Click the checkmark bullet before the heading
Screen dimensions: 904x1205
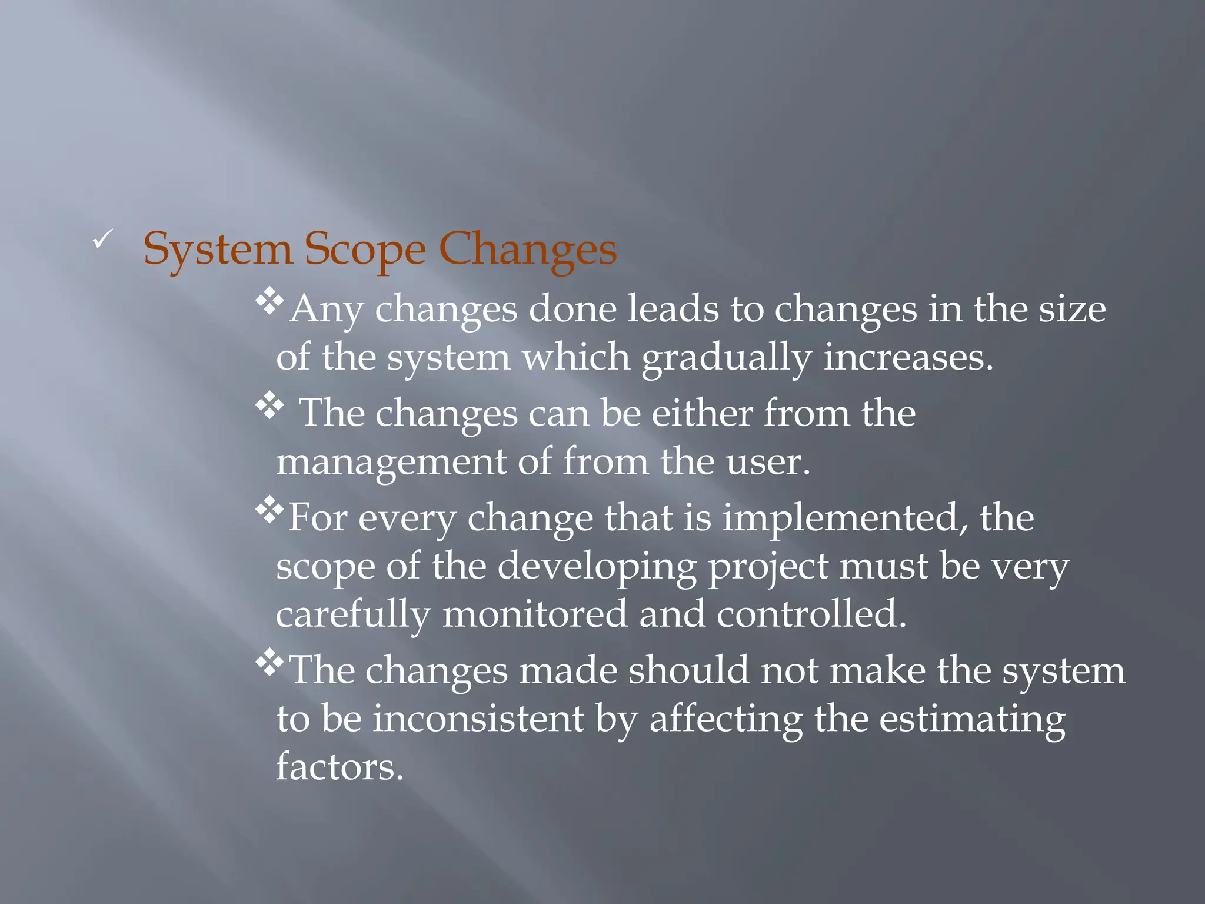coord(102,240)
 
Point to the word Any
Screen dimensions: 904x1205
coord(326,310)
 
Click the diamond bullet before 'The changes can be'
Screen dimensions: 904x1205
coord(269,406)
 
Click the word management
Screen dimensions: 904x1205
coord(391,463)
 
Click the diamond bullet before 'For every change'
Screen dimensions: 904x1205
coord(269,510)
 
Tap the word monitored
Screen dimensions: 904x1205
coord(534,614)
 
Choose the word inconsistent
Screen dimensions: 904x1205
coord(478,719)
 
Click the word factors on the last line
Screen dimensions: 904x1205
coord(339,767)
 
